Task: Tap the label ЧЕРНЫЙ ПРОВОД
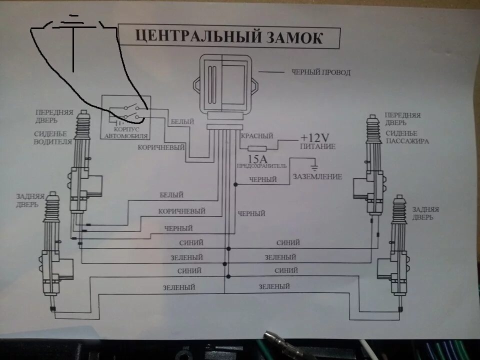tap(321, 72)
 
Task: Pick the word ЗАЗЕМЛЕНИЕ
tap(317, 176)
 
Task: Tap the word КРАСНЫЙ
tap(257, 136)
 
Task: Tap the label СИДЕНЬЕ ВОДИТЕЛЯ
tap(53, 137)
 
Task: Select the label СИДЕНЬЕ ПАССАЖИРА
tap(407, 137)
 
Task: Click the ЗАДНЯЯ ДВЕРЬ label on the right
tap(425, 213)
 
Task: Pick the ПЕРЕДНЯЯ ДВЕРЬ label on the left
tap(53, 116)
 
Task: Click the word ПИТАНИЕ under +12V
tap(318, 147)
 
